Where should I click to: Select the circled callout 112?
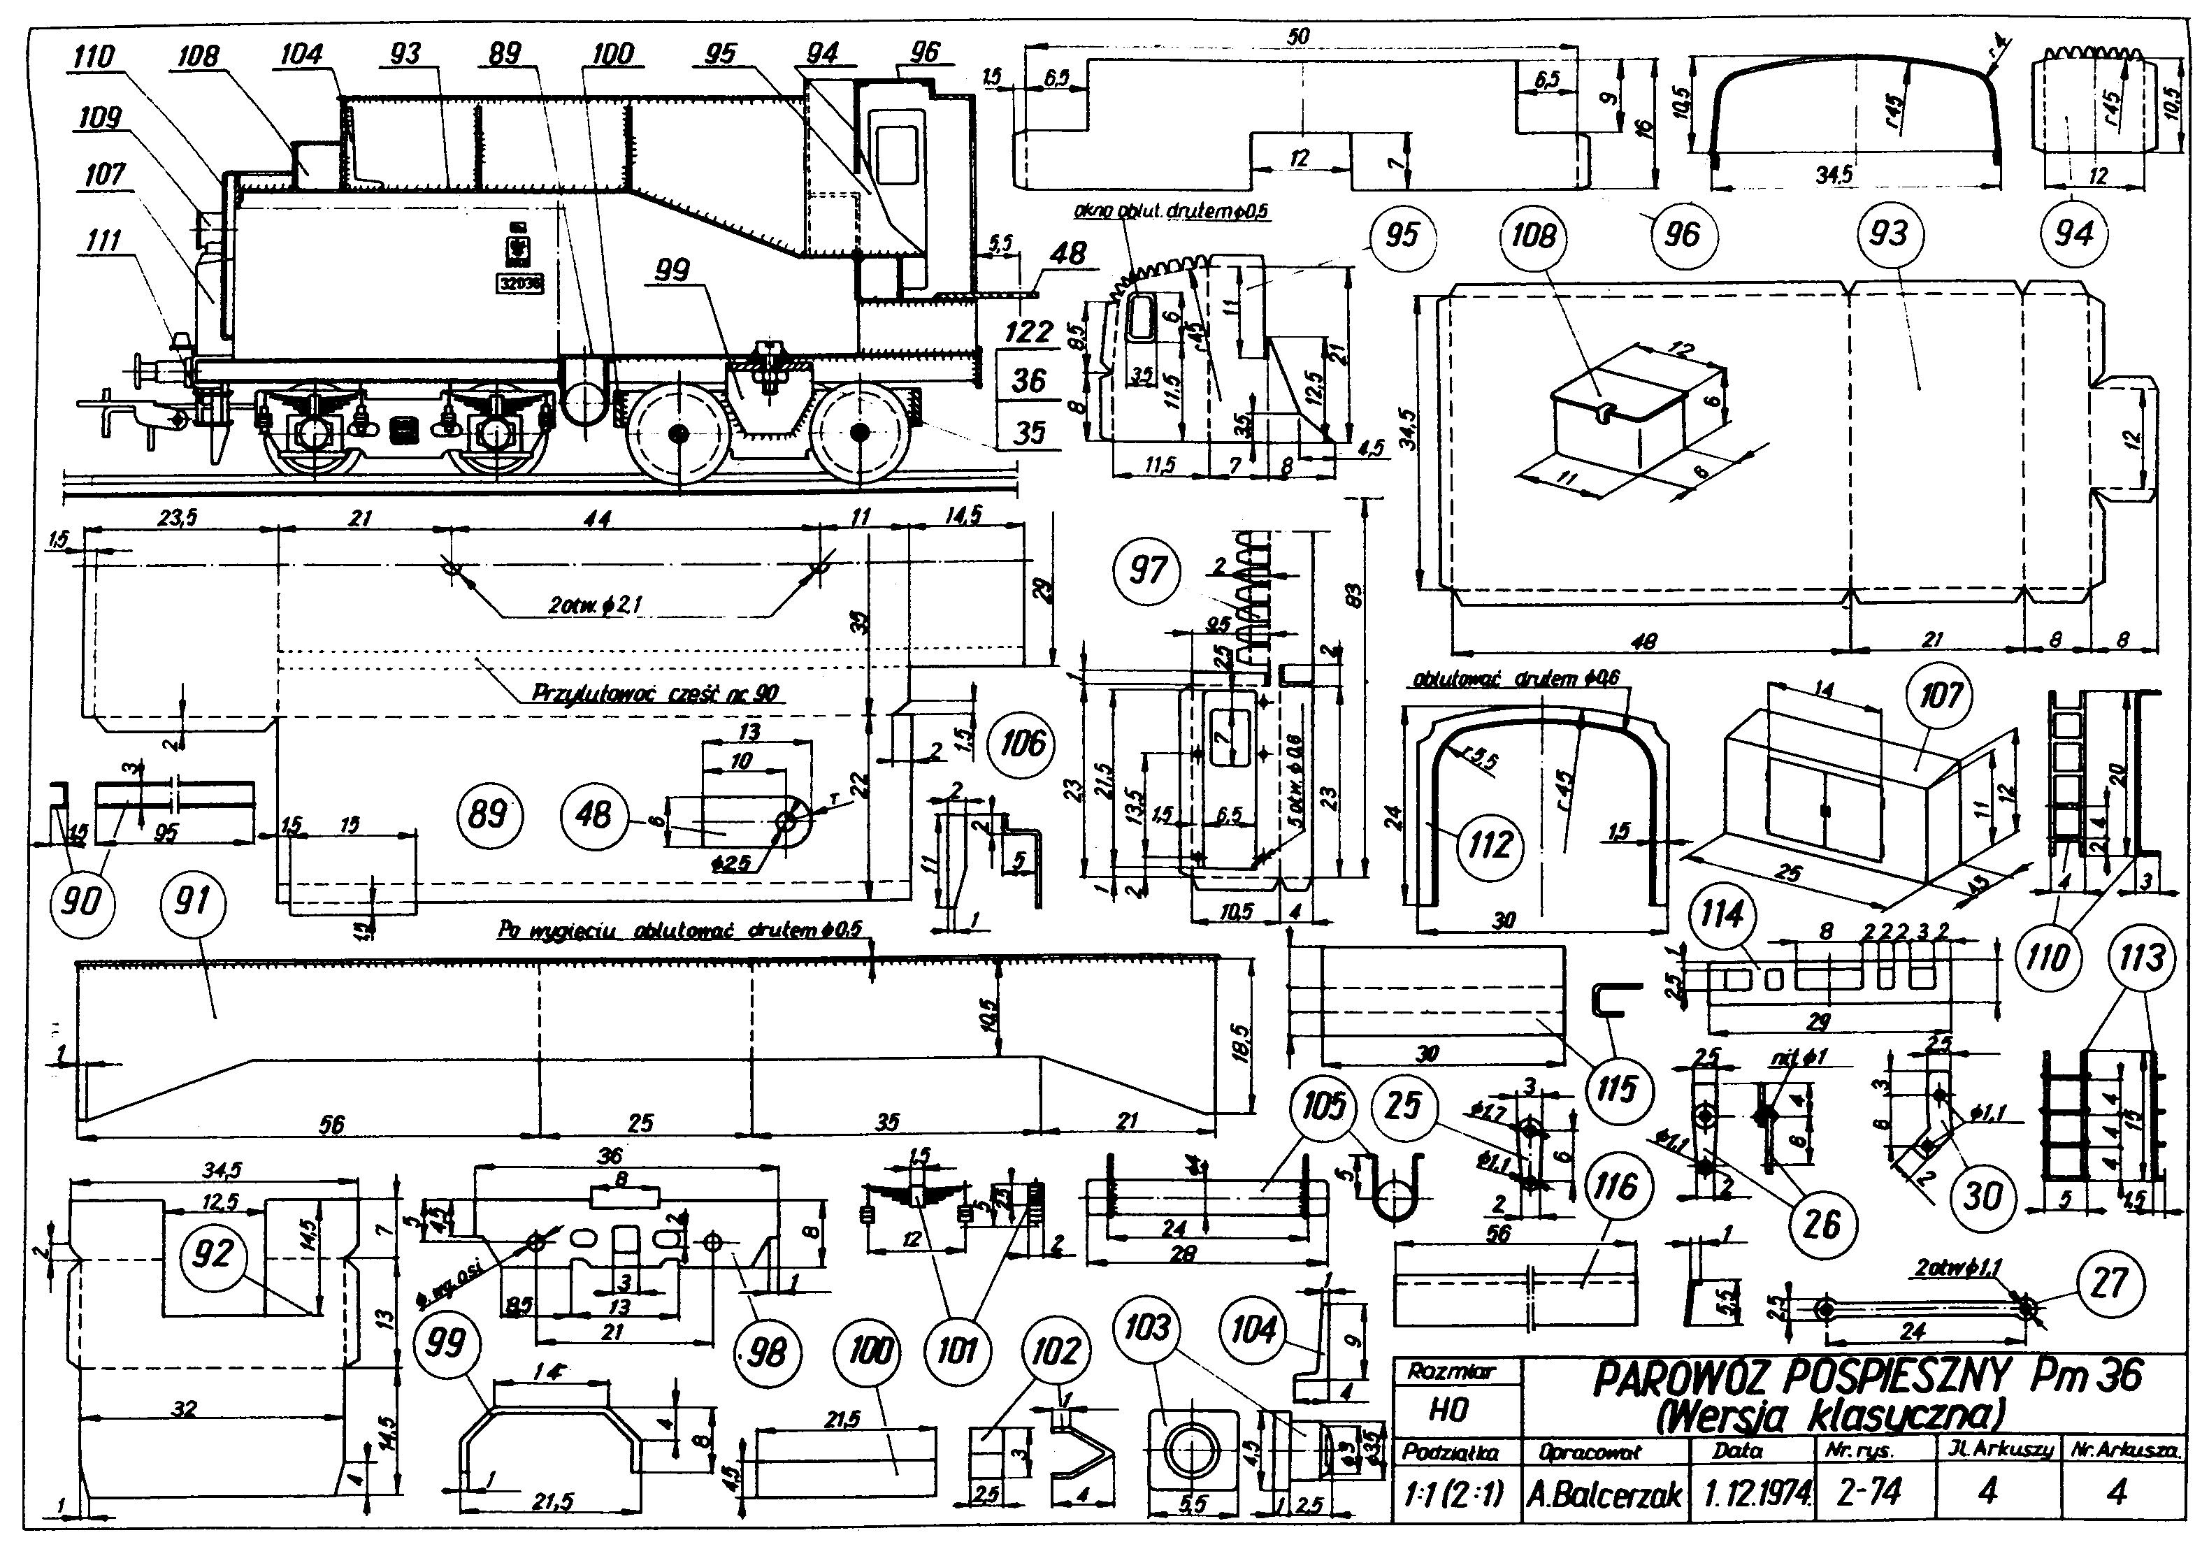(x=1490, y=844)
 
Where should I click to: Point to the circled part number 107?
(x=1940, y=695)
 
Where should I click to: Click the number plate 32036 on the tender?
(x=519, y=284)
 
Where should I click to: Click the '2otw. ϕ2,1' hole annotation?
(x=595, y=604)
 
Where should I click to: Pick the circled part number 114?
(x=1721, y=914)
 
